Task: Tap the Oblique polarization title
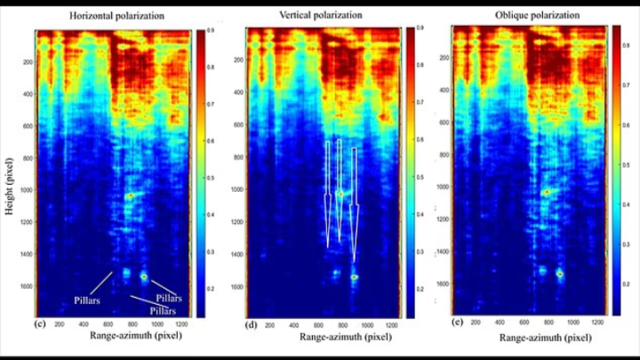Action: [x=532, y=16]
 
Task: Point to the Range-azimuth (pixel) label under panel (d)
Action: [x=318, y=337]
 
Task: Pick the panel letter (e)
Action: [x=457, y=322]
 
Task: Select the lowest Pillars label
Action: [x=163, y=311]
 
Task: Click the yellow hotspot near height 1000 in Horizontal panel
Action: [x=130, y=195]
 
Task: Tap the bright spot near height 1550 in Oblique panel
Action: [x=560, y=274]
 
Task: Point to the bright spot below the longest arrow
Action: [x=354, y=276]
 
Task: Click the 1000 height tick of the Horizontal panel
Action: [x=27, y=190]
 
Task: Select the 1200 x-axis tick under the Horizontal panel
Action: [x=181, y=324]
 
